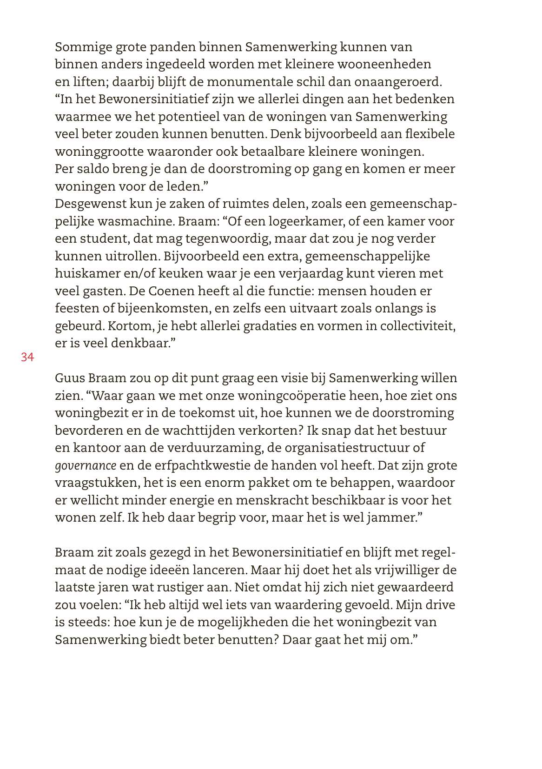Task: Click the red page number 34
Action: click(27, 358)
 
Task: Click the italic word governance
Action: click(86, 466)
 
